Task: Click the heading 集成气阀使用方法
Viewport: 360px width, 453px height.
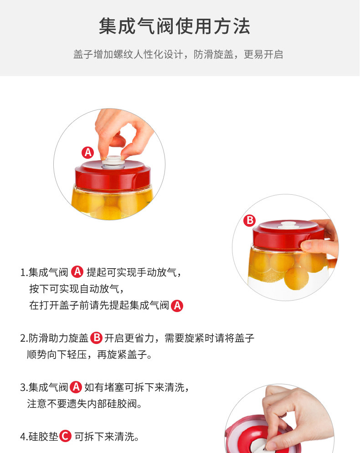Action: tap(175, 26)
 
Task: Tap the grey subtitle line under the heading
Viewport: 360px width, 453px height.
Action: tap(178, 54)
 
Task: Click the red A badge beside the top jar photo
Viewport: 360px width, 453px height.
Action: tap(88, 152)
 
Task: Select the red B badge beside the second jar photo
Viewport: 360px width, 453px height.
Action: tap(250, 220)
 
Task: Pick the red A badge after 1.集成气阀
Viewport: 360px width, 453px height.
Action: tap(77, 271)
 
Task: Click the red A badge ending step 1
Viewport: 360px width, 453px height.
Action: tap(177, 306)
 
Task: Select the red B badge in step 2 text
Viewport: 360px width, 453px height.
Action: tap(97, 338)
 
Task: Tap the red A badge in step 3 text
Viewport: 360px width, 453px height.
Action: tap(76, 387)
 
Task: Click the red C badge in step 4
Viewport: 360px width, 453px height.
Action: tap(65, 436)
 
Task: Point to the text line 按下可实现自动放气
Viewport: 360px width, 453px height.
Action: tap(77, 289)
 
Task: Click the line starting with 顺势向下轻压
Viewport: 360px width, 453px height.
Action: tap(89, 354)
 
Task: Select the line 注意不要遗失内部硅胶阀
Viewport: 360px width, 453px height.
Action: tap(85, 403)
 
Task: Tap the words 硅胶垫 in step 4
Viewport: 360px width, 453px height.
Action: tap(43, 436)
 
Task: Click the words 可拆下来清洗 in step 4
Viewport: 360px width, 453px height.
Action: tap(104, 436)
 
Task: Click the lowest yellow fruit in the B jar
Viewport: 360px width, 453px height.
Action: tap(296, 278)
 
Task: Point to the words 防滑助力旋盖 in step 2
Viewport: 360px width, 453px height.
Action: tap(58, 338)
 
